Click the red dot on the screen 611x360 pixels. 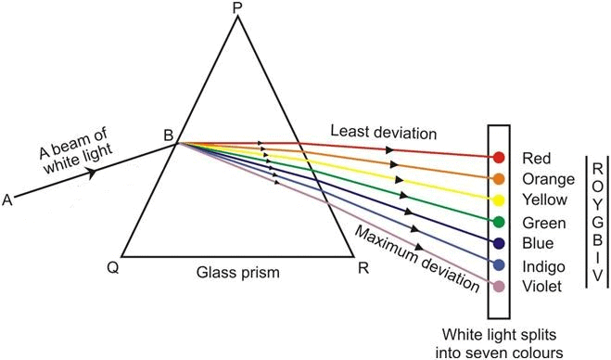pos(499,158)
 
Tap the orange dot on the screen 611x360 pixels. pos(499,179)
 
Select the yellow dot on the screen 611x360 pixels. pos(499,200)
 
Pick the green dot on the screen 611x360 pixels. pos(499,222)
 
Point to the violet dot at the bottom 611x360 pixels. pos(499,287)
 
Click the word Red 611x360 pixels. pos(536,158)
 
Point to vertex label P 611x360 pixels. pos(237,8)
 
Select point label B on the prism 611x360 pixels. pos(168,136)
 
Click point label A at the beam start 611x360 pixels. pos(8,199)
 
